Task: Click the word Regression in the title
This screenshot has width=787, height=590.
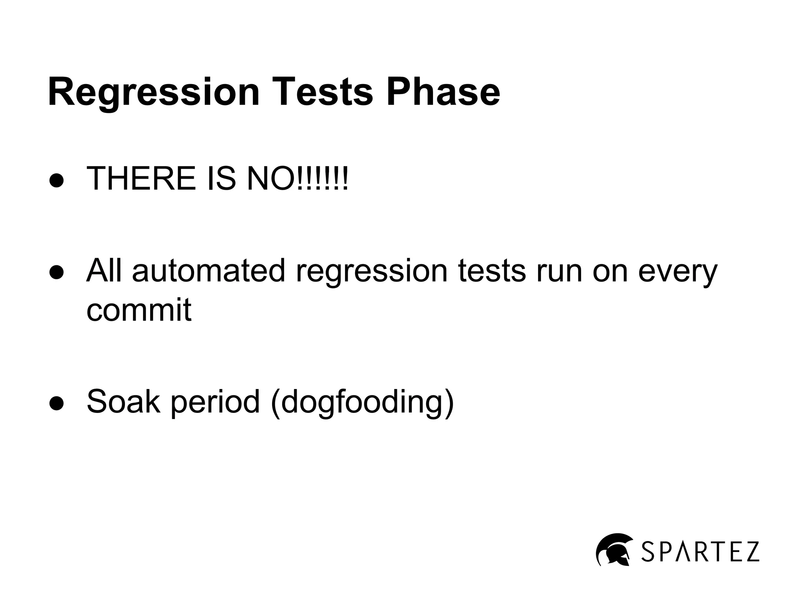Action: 154,92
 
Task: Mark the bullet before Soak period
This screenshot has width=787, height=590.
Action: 56,403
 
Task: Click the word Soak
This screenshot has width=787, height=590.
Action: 123,401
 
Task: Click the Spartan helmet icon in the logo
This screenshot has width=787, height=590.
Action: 614,549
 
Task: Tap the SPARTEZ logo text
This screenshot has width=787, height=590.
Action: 700,552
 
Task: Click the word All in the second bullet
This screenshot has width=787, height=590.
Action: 104,270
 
